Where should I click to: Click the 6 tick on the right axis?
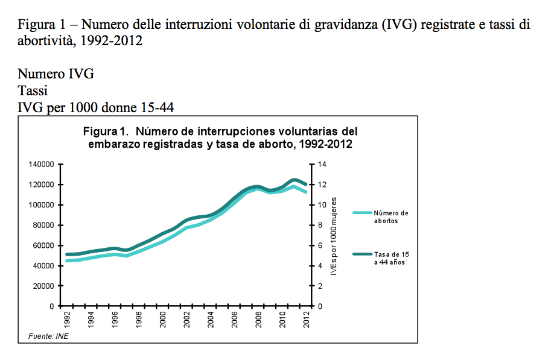[x=320, y=245]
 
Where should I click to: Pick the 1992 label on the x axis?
[x=66, y=320]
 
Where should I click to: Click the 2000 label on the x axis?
[x=163, y=320]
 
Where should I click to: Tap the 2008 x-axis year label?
[x=260, y=320]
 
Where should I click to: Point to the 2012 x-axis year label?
[x=308, y=320]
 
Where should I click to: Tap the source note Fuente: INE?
[x=48, y=336]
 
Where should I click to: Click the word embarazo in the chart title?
[x=114, y=144]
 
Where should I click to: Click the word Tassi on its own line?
[x=33, y=91]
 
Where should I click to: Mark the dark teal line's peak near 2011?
[x=295, y=180]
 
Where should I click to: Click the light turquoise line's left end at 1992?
[x=66, y=261]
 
